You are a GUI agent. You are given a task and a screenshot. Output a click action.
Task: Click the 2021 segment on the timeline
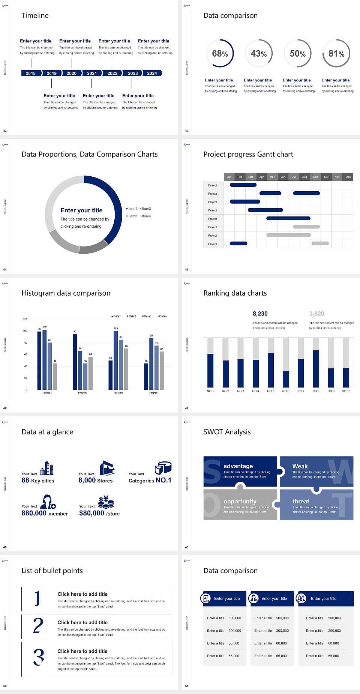coord(92,74)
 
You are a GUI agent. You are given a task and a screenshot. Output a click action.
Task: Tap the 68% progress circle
coord(220,54)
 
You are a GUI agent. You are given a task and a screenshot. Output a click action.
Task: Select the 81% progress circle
coord(336,54)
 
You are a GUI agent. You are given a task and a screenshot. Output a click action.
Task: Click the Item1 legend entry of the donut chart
coord(132,209)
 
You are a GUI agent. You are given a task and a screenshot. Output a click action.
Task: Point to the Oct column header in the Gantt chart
coord(326,177)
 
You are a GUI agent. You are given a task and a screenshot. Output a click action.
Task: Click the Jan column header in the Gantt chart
coord(229,177)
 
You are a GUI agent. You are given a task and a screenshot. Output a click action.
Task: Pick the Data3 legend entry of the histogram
coord(147,316)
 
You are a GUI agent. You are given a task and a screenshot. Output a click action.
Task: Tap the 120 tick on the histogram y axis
coord(25,319)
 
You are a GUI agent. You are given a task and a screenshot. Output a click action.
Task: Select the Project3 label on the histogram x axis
coord(118,393)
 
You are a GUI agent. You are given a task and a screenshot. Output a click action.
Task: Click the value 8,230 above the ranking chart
coord(260,314)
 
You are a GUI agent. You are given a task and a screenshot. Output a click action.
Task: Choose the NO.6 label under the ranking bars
coord(286,391)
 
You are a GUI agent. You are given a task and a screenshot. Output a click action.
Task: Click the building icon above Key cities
coord(47,468)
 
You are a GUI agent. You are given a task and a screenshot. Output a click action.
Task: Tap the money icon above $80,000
coord(106,502)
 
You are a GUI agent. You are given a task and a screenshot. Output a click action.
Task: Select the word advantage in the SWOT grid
coord(238,466)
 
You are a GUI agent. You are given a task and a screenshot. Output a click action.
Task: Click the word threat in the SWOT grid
coord(301,501)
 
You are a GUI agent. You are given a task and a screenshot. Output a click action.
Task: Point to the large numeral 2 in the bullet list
coord(38,626)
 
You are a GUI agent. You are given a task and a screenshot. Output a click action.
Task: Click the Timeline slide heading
coord(35,15)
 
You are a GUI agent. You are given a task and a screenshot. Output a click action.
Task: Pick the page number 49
coord(187,547)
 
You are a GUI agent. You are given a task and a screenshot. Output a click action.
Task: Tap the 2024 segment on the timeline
coord(152,74)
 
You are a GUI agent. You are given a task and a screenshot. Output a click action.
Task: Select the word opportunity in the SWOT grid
coord(240,501)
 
